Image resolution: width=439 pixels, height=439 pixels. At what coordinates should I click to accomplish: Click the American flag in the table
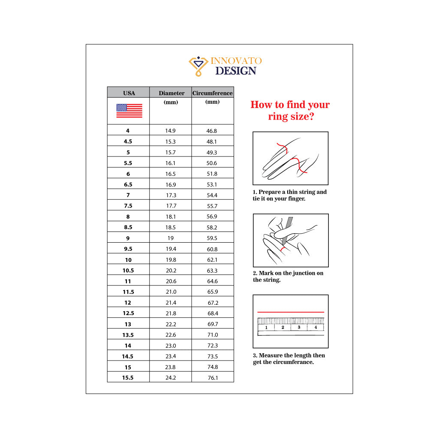tap(129, 111)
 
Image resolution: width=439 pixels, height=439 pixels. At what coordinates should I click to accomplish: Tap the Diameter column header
tap(171, 93)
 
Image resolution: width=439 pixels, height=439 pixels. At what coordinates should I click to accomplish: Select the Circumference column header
tap(213, 93)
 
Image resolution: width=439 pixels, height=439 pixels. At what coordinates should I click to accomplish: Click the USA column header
tap(129, 93)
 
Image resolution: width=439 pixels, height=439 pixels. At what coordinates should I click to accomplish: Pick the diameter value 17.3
tap(171, 195)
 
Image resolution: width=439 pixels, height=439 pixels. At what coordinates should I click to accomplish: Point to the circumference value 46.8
tap(212, 131)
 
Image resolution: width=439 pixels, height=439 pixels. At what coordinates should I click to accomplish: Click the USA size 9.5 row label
tap(128, 249)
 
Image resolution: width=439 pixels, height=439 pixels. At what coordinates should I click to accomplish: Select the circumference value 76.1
tap(213, 378)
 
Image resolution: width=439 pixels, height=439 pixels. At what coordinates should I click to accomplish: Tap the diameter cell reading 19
tap(171, 238)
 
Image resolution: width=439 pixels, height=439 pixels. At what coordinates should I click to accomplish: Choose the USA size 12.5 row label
tap(128, 313)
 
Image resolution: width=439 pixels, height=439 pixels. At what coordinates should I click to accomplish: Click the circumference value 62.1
tap(212, 260)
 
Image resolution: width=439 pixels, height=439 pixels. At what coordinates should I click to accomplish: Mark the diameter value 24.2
tap(171, 378)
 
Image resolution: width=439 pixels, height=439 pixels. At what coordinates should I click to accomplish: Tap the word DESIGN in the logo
tap(236, 71)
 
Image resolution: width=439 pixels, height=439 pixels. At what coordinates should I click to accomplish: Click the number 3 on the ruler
tap(299, 327)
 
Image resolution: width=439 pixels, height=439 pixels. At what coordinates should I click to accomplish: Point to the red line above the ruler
tap(291, 312)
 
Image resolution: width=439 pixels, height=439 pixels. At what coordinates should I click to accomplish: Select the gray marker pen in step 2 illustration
tap(287, 231)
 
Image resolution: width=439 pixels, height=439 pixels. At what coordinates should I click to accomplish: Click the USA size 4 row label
tap(128, 131)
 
